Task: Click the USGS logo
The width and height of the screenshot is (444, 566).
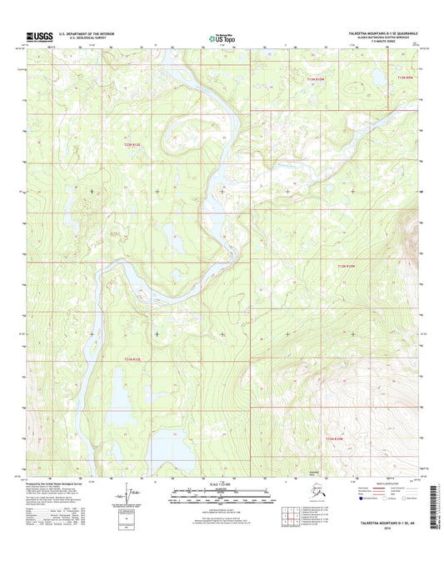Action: click(39, 36)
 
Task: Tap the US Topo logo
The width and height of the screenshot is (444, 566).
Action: click(221, 37)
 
